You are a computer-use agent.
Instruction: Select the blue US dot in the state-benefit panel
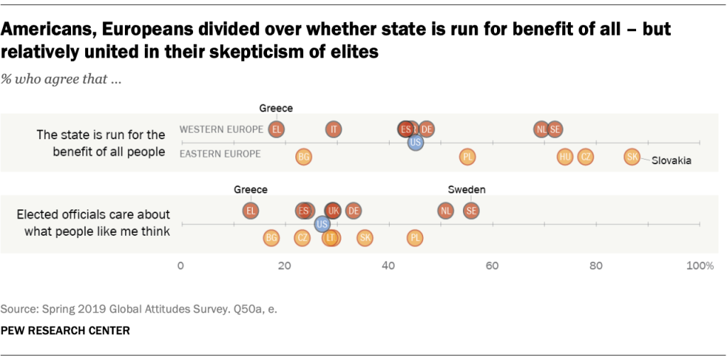[x=416, y=143]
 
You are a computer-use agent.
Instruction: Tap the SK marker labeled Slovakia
[x=632, y=157]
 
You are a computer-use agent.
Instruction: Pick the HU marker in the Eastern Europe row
[x=565, y=157]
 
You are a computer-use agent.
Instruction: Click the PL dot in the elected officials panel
[x=415, y=238]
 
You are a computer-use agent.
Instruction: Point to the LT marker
[x=329, y=238]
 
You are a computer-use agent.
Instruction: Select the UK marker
[x=333, y=211]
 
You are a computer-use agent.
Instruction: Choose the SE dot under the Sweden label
[x=471, y=211]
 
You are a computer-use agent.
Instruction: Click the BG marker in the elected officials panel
[x=271, y=238]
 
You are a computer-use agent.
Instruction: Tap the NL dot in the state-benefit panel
[x=542, y=129]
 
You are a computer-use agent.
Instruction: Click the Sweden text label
[x=466, y=190]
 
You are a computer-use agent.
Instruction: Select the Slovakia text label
[x=672, y=161]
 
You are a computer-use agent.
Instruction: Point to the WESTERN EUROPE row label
[x=219, y=129]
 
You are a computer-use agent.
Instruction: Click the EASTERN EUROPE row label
[x=220, y=153]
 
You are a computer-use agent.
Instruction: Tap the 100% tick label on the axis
[x=699, y=266]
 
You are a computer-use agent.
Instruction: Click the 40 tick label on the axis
[x=388, y=266]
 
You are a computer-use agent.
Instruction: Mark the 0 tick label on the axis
[x=180, y=266]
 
